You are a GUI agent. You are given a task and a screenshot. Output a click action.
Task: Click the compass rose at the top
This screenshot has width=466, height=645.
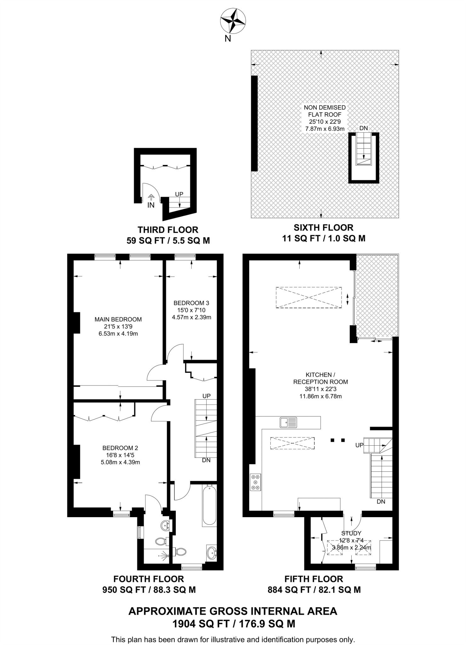point(233,21)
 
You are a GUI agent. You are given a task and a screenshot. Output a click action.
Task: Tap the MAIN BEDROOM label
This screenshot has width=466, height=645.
point(118,319)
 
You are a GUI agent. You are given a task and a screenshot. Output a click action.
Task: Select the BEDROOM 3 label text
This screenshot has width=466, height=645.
point(191,303)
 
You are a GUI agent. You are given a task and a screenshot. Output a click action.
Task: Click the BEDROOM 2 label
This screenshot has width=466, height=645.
point(120,448)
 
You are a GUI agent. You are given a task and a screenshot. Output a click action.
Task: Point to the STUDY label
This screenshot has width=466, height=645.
point(351,533)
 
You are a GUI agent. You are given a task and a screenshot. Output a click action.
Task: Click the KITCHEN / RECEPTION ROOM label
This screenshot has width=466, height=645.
point(320,378)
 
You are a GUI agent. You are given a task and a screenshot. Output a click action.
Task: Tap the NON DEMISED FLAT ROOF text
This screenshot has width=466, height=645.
point(325,111)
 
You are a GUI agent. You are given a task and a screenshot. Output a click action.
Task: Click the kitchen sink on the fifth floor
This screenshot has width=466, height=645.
point(288,422)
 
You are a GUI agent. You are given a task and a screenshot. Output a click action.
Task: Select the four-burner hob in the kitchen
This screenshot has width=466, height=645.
point(256,482)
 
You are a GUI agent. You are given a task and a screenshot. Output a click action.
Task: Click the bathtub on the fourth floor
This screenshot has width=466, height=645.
point(209,506)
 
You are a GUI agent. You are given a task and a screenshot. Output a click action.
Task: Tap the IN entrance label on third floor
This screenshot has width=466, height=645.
point(151,205)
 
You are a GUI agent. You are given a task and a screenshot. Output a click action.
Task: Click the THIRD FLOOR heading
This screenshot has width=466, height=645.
point(168,230)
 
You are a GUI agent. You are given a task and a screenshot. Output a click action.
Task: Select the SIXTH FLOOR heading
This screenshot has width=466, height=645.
point(323,227)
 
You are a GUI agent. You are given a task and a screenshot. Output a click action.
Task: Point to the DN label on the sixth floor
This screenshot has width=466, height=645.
point(364,128)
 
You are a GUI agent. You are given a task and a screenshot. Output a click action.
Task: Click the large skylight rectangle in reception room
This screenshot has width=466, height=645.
point(308,297)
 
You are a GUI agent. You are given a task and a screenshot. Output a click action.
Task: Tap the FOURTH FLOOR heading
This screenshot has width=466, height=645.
point(148,579)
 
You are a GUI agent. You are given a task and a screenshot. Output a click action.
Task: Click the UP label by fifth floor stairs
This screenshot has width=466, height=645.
point(359,445)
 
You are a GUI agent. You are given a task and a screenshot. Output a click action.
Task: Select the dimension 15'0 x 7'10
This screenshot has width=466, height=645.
point(191,310)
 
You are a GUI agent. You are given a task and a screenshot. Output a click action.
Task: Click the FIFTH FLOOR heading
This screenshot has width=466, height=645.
point(314,579)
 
